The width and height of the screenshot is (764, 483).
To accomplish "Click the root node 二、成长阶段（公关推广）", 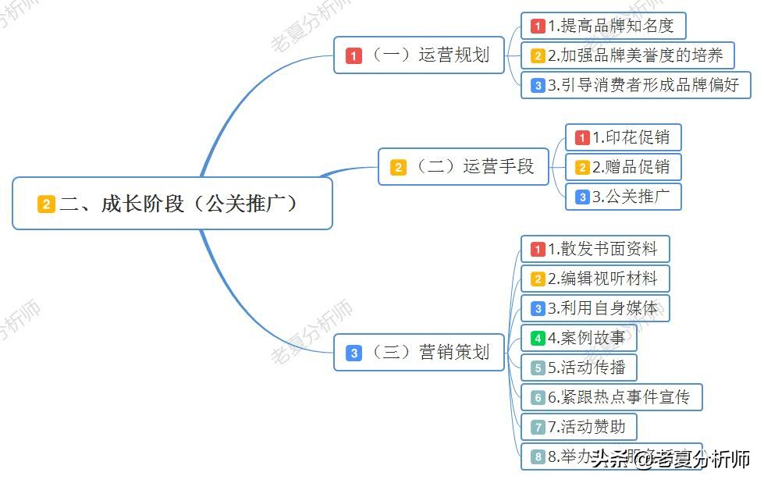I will coord(172,204).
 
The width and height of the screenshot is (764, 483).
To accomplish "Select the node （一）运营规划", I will coord(419,55).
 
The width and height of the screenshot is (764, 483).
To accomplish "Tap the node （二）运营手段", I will coord(464,166).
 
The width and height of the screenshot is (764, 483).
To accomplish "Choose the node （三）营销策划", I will coord(419,352).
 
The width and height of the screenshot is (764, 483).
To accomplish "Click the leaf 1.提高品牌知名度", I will coord(602,26).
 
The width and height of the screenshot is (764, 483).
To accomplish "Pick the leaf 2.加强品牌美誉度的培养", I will coord(627,55).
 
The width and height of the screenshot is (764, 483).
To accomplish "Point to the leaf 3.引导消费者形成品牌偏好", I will coord(635,85).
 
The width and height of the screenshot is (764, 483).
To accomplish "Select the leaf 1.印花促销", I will coord(623,137).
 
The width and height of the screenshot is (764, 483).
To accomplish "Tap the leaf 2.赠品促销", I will coord(623,167).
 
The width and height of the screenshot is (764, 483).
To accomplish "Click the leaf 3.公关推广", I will coord(623,197).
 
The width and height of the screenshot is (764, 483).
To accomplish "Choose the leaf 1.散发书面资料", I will coord(595,249).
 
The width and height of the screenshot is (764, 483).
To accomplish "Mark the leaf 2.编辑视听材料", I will coord(595,279).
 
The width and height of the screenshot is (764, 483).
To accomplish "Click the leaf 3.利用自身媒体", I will coord(595,308).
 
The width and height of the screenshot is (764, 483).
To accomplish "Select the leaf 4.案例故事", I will coord(578,338).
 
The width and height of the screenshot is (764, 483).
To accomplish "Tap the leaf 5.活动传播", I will coord(578,368).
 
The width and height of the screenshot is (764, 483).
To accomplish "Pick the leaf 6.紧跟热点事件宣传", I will coord(611,397).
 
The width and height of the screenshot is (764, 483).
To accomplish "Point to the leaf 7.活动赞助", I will coord(578,427).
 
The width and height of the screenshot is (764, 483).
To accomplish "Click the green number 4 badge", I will coord(538,339).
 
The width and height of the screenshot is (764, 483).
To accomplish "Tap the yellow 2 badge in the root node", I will coord(46,204).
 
